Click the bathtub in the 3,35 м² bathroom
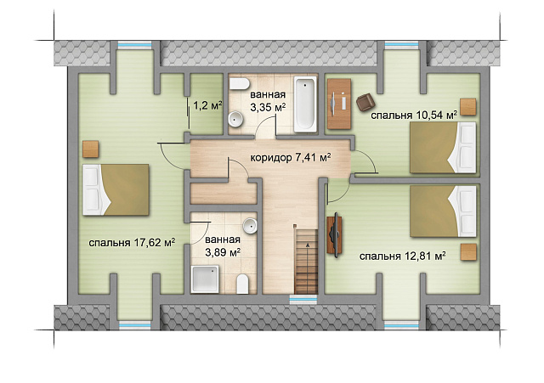pyautogui.click(x=305, y=104)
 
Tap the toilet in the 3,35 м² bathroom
pyautogui.click(x=240, y=84)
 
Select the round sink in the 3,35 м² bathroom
pyautogui.click(x=236, y=119)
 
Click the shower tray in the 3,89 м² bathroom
pyautogui.click(x=205, y=279)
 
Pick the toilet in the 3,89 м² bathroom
pyautogui.click(x=242, y=284)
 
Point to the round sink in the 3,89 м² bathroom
pyautogui.click(x=250, y=226)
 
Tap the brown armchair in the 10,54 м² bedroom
pyautogui.click(x=365, y=103)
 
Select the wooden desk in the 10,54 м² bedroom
pyautogui.click(x=339, y=104)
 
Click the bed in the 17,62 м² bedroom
pyautogui.click(x=116, y=189)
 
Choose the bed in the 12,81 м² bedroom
pyautogui.click(x=443, y=211)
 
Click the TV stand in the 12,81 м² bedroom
pyautogui.click(x=335, y=234)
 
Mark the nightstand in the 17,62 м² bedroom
pyautogui.click(x=91, y=149)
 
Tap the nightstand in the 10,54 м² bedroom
pyautogui.click(x=468, y=107)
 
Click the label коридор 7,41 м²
pyautogui.click(x=291, y=158)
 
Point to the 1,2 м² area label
pyautogui.click(x=207, y=105)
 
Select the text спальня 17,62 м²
pyautogui.click(x=132, y=243)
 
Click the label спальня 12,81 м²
pyautogui.click(x=402, y=256)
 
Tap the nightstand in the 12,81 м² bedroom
pyautogui.click(x=468, y=252)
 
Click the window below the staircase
pyautogui.click(x=303, y=299)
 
